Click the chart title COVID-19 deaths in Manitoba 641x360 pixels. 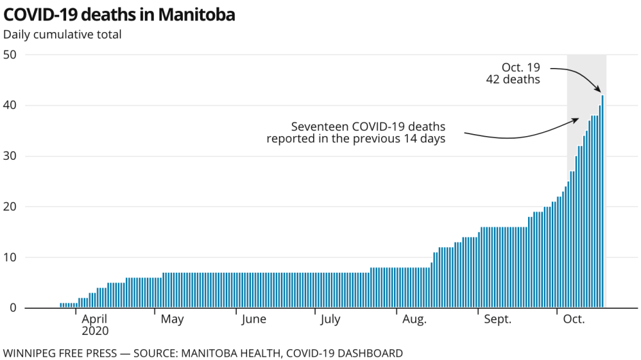coord(119,15)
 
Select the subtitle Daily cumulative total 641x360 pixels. coord(62,35)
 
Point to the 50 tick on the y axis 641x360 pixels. coord(10,55)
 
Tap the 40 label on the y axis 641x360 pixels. coord(10,105)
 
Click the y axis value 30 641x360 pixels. coord(10,156)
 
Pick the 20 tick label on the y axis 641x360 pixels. coord(10,207)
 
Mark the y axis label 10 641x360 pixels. coord(10,257)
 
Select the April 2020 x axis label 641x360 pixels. coord(95,325)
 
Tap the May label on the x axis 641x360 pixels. coord(172,320)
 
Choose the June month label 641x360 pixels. coord(253,320)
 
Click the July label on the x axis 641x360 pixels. coord(330,320)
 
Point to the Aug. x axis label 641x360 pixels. coord(414,320)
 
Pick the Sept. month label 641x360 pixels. coord(497,320)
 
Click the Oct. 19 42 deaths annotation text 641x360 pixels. coord(520,74)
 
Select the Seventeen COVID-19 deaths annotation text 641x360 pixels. coord(356,132)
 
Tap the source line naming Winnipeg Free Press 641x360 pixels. coord(203,353)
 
